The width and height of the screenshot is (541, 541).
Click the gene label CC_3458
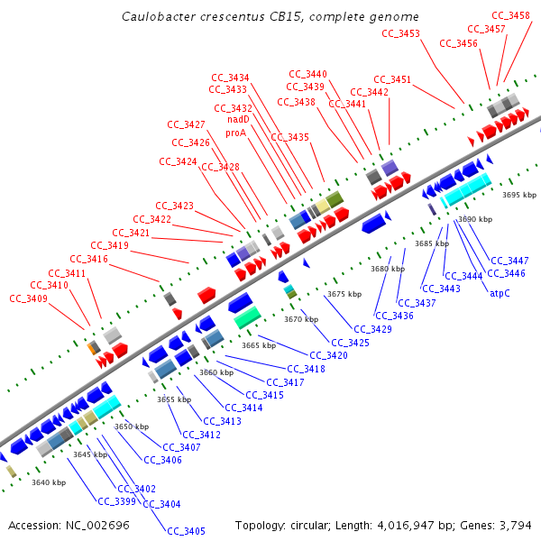pyautogui.click(x=510, y=15)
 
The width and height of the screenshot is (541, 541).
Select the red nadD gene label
pyautogui.click(x=238, y=119)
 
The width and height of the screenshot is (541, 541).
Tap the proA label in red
pyautogui.click(x=235, y=133)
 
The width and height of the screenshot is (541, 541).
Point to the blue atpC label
pyautogui.click(x=500, y=292)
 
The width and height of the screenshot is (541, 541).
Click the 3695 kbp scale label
pyautogui.click(x=519, y=195)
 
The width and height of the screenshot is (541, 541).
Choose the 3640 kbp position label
pyautogui.click(x=49, y=482)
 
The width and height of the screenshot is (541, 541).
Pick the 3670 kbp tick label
pyautogui.click(x=301, y=319)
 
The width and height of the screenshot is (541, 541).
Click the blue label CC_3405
pyautogui.click(x=186, y=531)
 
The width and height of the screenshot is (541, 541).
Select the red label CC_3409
pyautogui.click(x=28, y=298)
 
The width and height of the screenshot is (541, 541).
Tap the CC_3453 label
pyautogui.click(x=400, y=33)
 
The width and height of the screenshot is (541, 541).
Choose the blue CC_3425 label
pyautogui.click(x=350, y=343)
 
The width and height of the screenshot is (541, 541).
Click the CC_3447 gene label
pyautogui.click(x=509, y=261)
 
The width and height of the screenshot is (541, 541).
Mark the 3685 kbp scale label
pyautogui.click(x=431, y=243)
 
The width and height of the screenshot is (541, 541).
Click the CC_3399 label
pyautogui.click(x=116, y=501)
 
